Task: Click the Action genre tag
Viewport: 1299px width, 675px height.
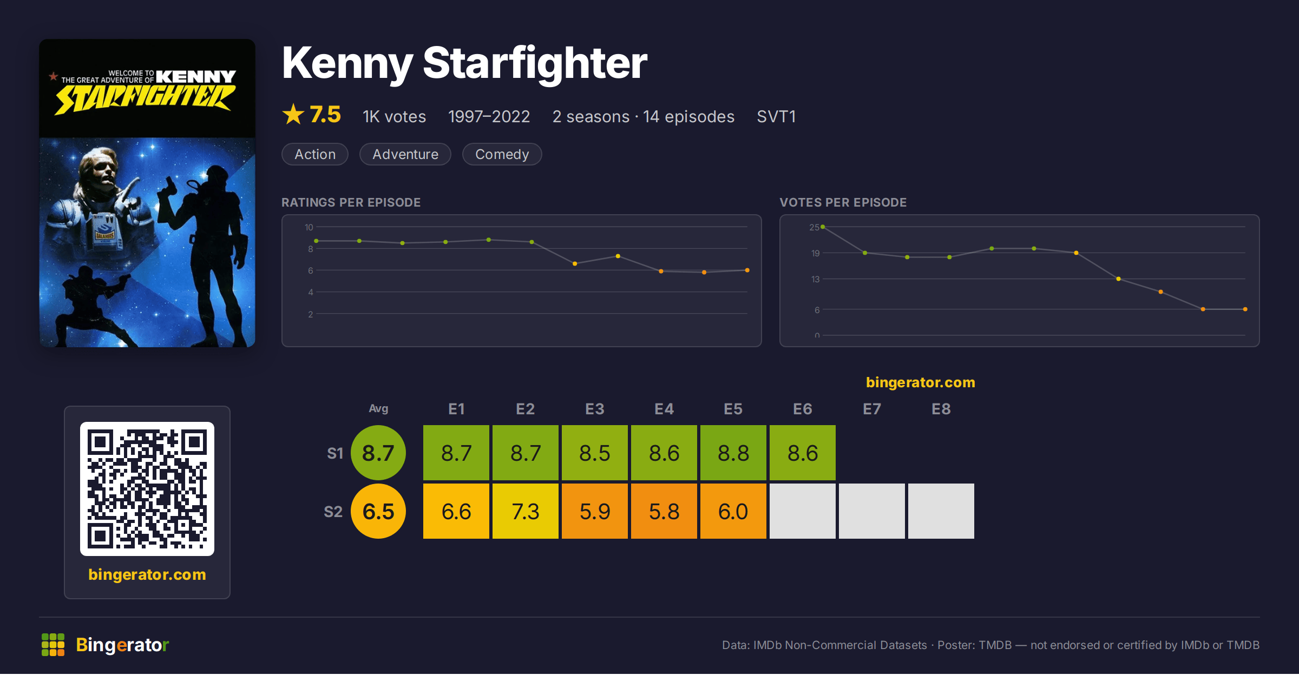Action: [x=315, y=154]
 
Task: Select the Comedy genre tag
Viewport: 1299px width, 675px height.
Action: [x=502, y=154]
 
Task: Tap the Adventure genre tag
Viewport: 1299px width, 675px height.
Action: [x=405, y=154]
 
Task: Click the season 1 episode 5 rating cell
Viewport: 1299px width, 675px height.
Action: [x=733, y=453]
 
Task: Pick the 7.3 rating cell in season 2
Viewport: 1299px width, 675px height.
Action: [x=526, y=511]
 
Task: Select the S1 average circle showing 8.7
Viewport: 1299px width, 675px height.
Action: [x=378, y=453]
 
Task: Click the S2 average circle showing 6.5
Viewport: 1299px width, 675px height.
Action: [x=378, y=511]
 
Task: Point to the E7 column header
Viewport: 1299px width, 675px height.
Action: [x=872, y=409]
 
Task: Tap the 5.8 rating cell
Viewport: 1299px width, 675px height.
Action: [x=664, y=511]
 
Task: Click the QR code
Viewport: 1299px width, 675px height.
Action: [x=147, y=489]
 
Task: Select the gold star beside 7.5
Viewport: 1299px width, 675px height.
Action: [x=293, y=114]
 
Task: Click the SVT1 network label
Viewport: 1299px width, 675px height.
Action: [x=776, y=116]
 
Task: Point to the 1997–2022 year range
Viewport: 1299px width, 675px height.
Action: [x=489, y=116]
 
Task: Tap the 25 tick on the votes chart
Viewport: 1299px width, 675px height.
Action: [x=814, y=227]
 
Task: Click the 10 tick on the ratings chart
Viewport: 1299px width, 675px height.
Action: [x=309, y=227]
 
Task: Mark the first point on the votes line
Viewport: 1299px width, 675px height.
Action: [x=823, y=227]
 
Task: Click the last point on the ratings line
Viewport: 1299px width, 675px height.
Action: [x=747, y=270]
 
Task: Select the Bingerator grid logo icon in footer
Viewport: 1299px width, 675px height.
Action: [x=53, y=645]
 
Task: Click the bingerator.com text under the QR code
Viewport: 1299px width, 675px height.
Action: [x=147, y=574]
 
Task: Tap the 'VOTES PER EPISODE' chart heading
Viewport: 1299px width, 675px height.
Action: [x=843, y=202]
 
